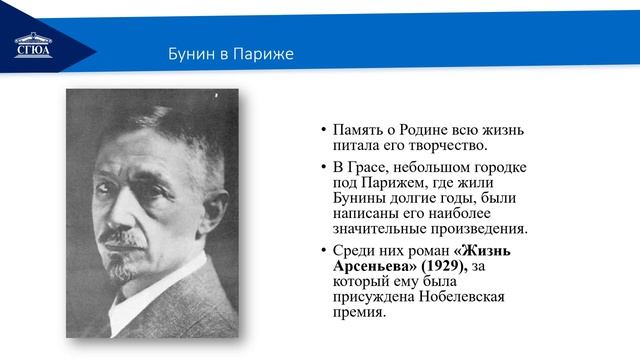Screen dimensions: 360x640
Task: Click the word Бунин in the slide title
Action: pos(190,52)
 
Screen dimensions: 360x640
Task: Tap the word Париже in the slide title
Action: pos(264,52)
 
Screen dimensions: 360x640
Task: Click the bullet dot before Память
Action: pos(323,131)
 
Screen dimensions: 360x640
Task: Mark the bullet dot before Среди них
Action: pos(323,251)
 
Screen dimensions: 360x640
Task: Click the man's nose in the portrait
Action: pos(127,215)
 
